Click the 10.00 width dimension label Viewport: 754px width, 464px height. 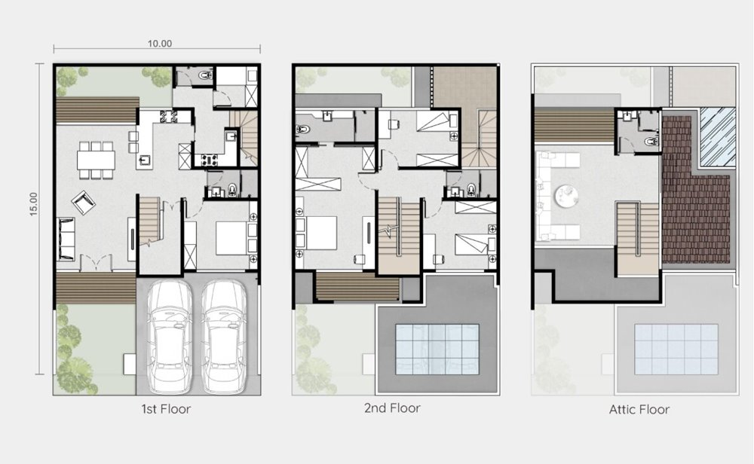click(x=160, y=44)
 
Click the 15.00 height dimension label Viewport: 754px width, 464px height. click(x=34, y=204)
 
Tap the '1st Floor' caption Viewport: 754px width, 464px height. click(x=166, y=409)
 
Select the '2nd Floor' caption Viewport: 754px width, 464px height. click(x=392, y=408)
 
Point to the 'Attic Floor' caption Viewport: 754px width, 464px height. click(x=639, y=410)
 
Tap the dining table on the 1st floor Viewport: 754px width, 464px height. click(x=97, y=160)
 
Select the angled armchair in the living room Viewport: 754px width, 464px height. click(x=83, y=202)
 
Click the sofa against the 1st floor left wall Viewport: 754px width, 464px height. click(x=66, y=239)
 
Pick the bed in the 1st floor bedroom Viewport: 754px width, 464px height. click(x=231, y=238)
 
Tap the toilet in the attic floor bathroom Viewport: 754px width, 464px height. click(x=651, y=141)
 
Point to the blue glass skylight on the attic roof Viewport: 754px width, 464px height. click(x=718, y=137)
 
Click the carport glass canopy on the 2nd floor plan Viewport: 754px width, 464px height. click(x=437, y=350)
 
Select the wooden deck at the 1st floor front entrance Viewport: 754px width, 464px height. click(x=97, y=288)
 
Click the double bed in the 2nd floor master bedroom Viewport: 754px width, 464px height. click(x=318, y=233)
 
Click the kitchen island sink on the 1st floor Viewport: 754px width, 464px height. click(x=145, y=161)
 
